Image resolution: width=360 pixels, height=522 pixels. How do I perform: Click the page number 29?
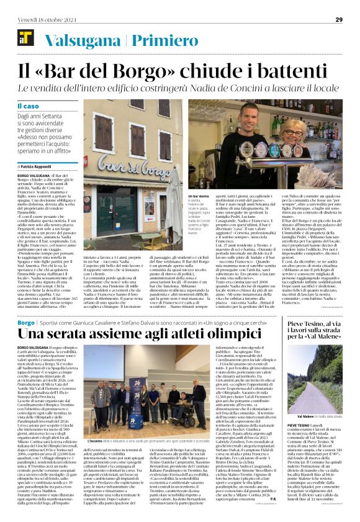339,19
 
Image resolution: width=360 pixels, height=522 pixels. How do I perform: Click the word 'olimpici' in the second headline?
218,335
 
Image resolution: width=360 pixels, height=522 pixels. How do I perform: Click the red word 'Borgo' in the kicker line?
26,323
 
